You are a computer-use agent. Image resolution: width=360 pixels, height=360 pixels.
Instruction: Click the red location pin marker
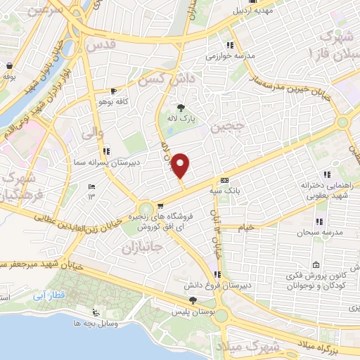pos(181,165)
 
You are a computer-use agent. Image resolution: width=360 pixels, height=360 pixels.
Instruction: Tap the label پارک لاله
pos(185,120)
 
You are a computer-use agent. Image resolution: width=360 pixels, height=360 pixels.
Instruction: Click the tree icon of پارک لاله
pos(181,108)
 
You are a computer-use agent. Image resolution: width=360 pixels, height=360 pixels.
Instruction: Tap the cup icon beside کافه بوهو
pos(114,91)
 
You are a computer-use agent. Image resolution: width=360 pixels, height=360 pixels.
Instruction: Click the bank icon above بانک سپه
pos(224,180)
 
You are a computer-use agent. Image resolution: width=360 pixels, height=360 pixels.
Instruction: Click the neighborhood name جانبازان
pos(142,248)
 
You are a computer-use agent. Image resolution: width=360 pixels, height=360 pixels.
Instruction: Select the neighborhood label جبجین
pos(228,127)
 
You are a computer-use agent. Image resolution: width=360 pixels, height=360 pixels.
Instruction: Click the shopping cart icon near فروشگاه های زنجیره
pos(161,206)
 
